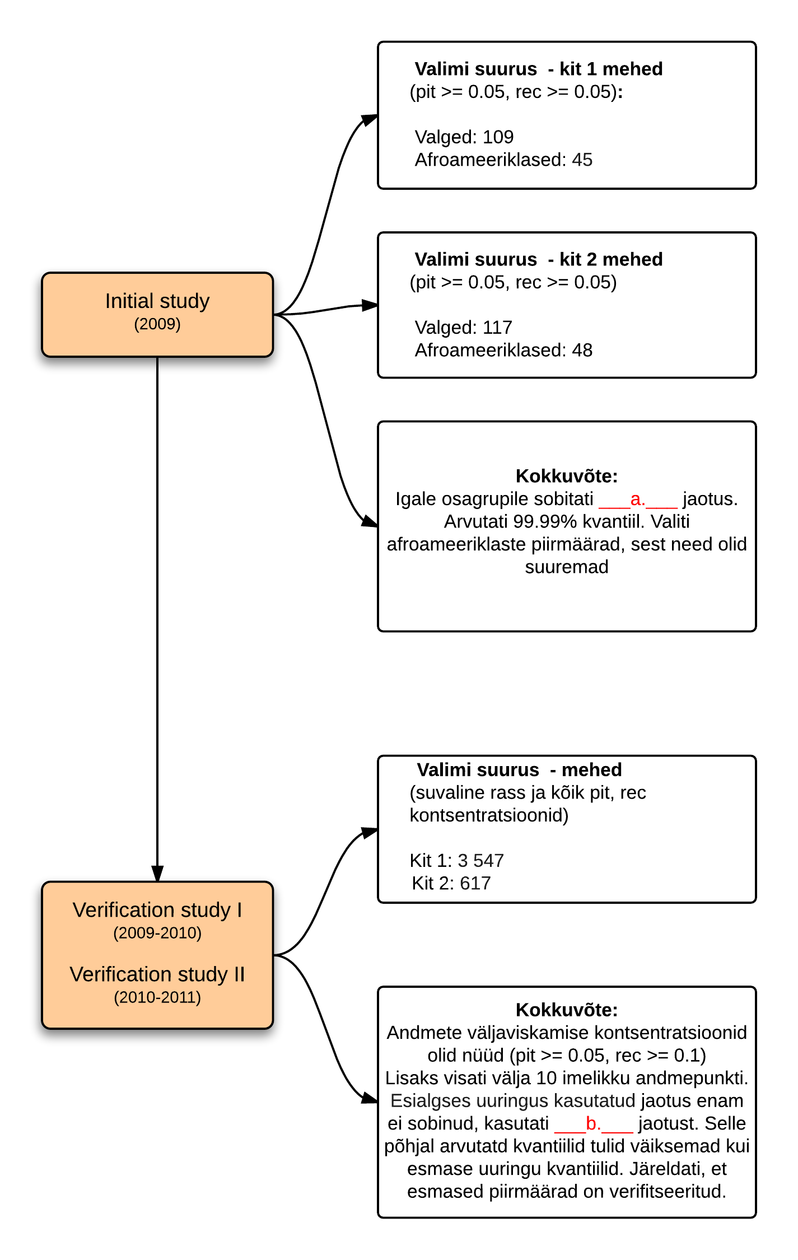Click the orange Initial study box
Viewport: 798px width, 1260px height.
[x=157, y=315]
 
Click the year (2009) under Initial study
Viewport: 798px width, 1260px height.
[x=157, y=324]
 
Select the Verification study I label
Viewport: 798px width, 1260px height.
[x=157, y=910]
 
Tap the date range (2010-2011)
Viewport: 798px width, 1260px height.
[x=157, y=997]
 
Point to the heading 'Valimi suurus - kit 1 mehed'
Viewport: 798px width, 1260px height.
[x=539, y=69]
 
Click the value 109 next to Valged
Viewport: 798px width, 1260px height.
[x=498, y=137]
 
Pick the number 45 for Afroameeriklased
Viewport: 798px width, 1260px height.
[x=582, y=160]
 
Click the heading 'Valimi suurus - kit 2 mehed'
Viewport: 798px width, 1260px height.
[x=539, y=259]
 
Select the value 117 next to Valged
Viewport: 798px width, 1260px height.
[x=498, y=327]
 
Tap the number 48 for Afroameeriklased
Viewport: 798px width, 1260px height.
[x=582, y=350]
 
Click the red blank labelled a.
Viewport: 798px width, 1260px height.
[x=638, y=499]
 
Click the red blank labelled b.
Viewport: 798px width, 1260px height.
[x=594, y=1123]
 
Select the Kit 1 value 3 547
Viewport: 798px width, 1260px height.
[x=480, y=860]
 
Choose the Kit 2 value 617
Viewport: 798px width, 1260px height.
[x=475, y=883]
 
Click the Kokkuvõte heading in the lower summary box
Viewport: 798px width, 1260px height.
[x=567, y=1010]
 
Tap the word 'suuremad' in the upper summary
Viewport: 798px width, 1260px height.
[x=567, y=567]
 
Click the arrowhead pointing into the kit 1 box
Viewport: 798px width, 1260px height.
[x=370, y=119]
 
